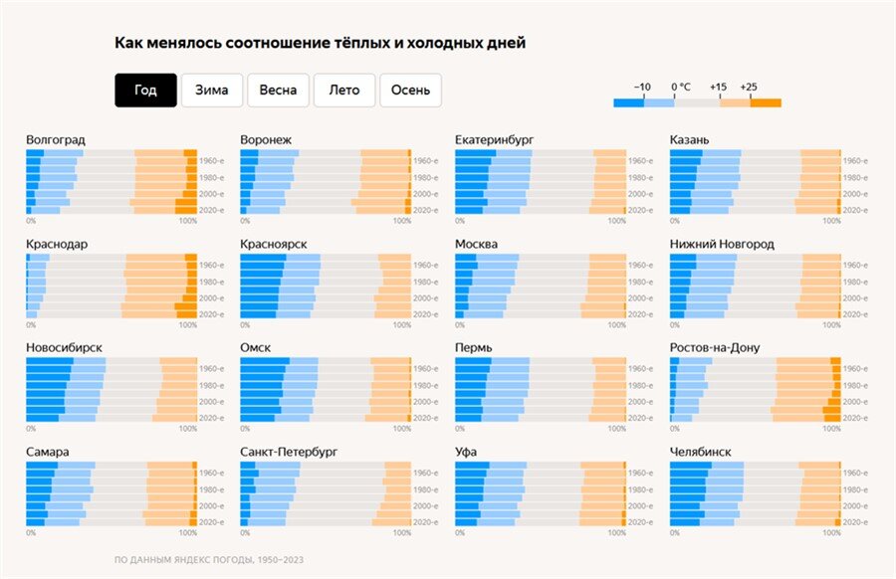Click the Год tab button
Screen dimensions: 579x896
(x=145, y=90)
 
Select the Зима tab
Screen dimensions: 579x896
(x=211, y=90)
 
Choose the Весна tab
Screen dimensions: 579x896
(x=278, y=90)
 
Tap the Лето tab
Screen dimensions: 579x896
(x=343, y=90)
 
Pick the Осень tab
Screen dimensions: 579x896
(x=410, y=90)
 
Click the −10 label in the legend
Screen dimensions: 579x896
(x=643, y=87)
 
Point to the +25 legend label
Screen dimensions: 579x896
(x=749, y=87)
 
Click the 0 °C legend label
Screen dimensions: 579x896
(x=681, y=87)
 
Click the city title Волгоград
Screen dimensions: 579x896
(x=56, y=139)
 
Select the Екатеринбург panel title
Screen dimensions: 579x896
(x=497, y=139)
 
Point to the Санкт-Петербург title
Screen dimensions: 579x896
(x=289, y=452)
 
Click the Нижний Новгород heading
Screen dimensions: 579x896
(x=722, y=244)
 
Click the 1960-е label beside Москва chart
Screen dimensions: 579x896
(x=641, y=265)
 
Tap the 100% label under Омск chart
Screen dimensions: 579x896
(x=402, y=429)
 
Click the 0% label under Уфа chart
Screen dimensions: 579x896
(x=460, y=533)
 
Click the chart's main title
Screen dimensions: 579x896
(x=320, y=43)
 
